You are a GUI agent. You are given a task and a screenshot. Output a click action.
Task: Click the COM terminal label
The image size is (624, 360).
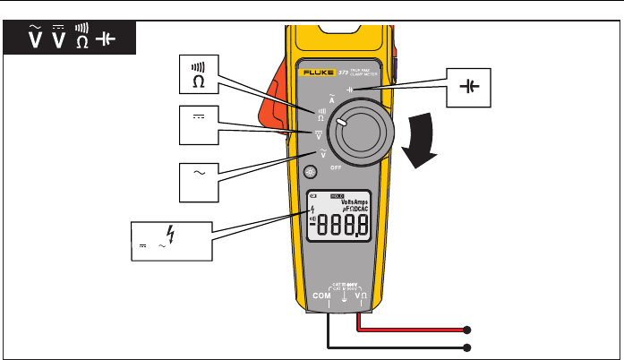pyautogui.click(x=320, y=294)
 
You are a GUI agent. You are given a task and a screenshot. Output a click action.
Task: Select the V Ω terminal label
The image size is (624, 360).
pyautogui.click(x=361, y=294)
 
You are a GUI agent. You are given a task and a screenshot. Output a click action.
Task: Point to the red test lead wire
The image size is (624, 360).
pyautogui.click(x=412, y=329)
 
